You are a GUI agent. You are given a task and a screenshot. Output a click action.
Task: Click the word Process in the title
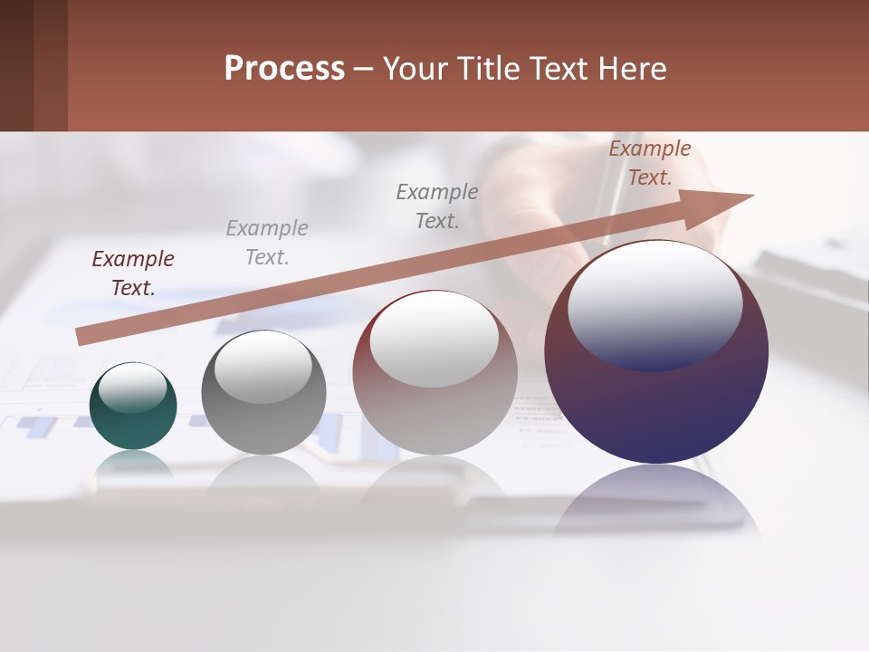click(x=284, y=69)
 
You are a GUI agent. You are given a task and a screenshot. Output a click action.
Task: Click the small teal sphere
click(x=133, y=426)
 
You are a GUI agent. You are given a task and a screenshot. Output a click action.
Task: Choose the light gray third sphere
click(x=434, y=417)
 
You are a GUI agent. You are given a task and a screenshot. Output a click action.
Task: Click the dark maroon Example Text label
click(x=132, y=273)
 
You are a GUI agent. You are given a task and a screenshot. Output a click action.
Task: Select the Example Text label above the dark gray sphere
click(x=266, y=243)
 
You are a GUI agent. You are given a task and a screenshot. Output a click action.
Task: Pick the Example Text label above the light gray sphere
click(x=437, y=206)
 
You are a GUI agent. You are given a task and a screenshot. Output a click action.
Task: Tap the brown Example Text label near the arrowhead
click(x=649, y=163)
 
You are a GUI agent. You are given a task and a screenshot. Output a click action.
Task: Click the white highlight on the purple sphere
click(x=654, y=303)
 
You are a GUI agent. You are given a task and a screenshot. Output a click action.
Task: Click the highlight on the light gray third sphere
click(x=434, y=340)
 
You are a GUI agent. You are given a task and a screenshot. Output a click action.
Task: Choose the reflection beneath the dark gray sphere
click(x=263, y=475)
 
